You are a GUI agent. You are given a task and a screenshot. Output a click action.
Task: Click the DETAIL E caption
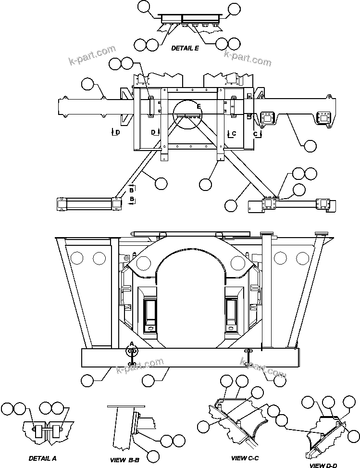click(185, 48)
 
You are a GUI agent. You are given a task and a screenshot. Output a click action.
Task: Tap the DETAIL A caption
click(43, 458)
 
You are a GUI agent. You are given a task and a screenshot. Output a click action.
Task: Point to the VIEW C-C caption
click(245, 458)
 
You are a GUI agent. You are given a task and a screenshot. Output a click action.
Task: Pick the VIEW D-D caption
click(323, 465)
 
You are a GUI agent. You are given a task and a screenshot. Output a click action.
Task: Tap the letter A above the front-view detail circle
click(130, 343)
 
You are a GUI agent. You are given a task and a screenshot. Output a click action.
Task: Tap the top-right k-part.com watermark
click(248, 57)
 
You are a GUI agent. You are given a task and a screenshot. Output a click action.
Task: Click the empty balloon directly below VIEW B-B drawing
click(153, 456)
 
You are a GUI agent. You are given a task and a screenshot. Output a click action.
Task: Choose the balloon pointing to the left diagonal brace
click(161, 183)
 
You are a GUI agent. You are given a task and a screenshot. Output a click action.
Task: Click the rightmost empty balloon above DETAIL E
click(234, 8)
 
